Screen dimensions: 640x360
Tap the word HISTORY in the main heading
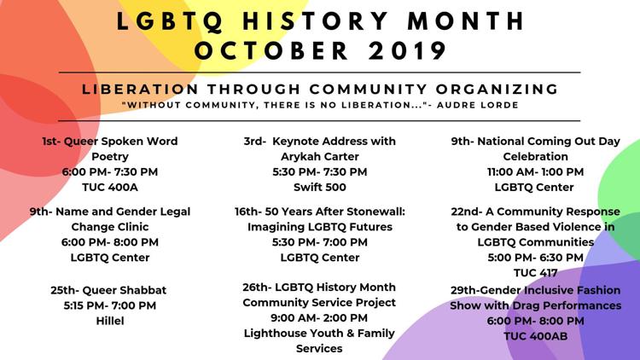pyautogui.click(x=316, y=21)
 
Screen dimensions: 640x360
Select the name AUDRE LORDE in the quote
pyautogui.click(x=478, y=105)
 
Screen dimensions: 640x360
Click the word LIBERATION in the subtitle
pyautogui.click(x=140, y=89)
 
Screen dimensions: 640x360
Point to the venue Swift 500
pyautogui.click(x=320, y=187)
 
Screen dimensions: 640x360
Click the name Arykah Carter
pyautogui.click(x=320, y=156)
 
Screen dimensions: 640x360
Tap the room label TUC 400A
pyautogui.click(x=110, y=187)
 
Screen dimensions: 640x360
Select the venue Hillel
pyautogui.click(x=110, y=321)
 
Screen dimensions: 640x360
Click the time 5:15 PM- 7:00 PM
pyautogui.click(x=110, y=305)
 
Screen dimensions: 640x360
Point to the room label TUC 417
pyautogui.click(x=536, y=273)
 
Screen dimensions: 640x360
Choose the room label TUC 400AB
pyautogui.click(x=536, y=336)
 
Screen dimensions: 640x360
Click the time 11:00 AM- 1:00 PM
pyautogui.click(x=536, y=171)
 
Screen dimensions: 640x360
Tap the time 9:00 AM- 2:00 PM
pyautogui.click(x=319, y=317)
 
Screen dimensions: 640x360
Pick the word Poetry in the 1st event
pyautogui.click(x=110, y=157)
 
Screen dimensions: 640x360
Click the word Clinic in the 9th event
pyautogui.click(x=132, y=227)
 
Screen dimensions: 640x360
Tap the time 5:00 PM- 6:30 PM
pyautogui.click(x=536, y=258)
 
